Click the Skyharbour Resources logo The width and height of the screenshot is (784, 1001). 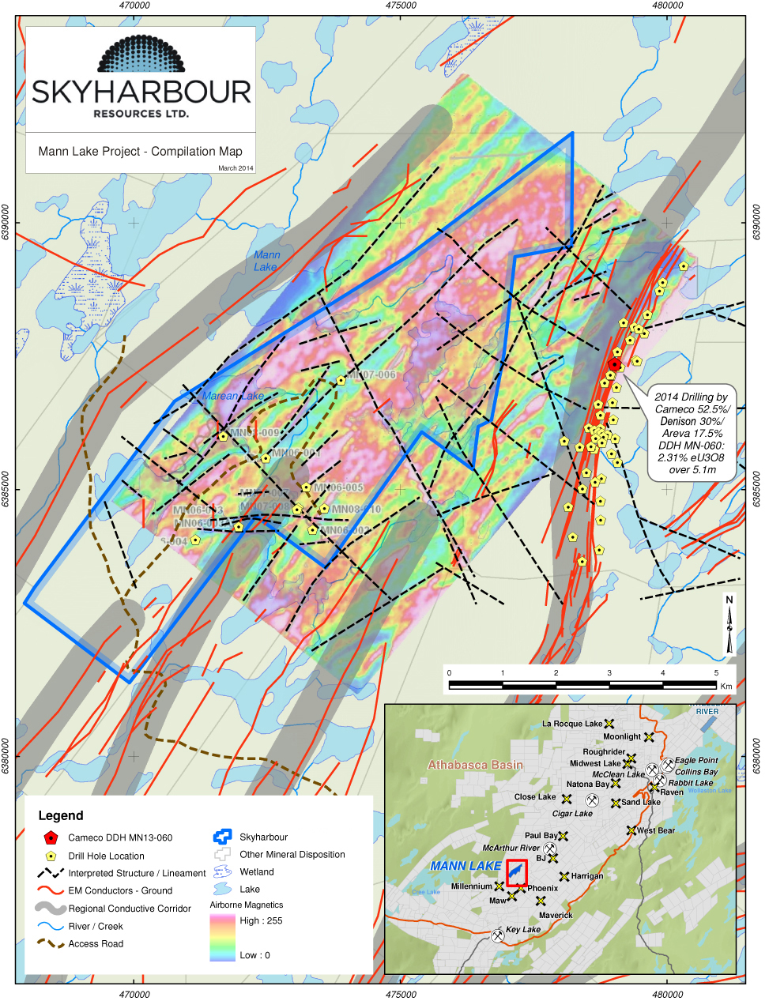[141, 78]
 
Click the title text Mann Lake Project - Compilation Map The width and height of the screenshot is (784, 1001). [141, 151]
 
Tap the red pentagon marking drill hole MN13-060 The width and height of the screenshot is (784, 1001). [614, 364]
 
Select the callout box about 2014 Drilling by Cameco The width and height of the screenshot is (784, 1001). [693, 433]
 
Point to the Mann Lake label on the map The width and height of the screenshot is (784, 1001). [266, 261]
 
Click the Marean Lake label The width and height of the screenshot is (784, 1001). [233, 396]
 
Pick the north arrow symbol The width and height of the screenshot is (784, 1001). [729, 625]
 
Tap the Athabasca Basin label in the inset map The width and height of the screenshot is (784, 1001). [475, 765]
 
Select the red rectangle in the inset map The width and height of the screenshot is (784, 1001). [516, 873]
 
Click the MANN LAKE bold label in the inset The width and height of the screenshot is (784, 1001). [465, 866]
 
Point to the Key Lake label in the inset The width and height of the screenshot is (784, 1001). [522, 929]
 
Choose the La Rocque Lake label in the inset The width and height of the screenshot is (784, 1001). [571, 724]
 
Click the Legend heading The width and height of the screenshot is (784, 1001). [61, 815]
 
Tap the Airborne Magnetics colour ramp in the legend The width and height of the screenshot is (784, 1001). [222, 938]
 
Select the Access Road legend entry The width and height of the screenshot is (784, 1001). [96, 943]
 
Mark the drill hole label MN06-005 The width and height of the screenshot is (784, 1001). [338, 488]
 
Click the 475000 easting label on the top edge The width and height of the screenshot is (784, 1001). [401, 6]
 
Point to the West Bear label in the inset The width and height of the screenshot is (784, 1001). [655, 830]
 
